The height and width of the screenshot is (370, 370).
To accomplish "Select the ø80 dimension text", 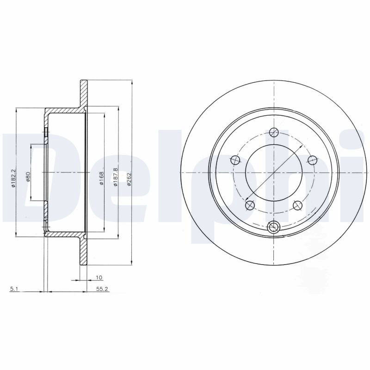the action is [x=28, y=177].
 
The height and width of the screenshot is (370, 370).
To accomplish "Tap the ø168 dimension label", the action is [x=101, y=179].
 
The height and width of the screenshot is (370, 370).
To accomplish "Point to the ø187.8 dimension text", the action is [x=115, y=178].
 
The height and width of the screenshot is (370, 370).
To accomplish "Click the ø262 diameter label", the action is [x=129, y=179].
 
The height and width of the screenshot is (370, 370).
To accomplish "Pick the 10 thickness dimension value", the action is [x=99, y=277].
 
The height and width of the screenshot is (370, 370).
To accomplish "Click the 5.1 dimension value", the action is [x=13, y=289].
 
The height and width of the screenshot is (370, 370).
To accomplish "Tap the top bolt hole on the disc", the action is [x=274, y=132].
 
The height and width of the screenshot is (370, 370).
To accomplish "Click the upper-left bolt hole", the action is [x=235, y=160].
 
